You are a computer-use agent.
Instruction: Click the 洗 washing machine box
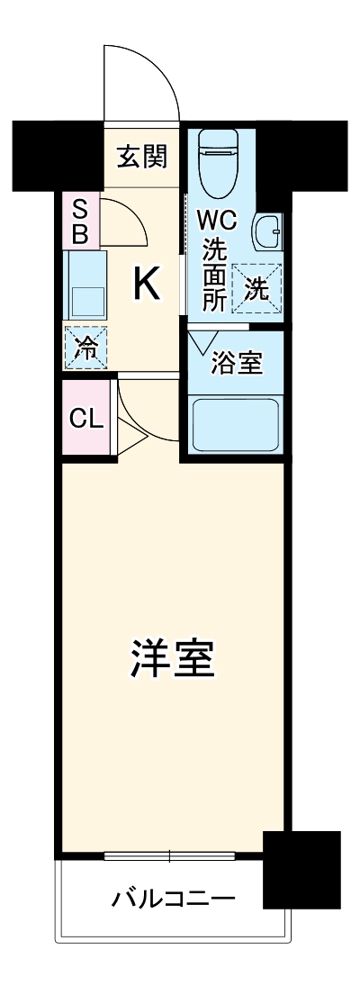(257, 288)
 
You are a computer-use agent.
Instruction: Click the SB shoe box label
(80, 222)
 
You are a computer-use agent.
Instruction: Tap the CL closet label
(86, 420)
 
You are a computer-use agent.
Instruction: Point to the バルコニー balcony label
(173, 899)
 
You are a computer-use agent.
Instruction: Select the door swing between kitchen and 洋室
(144, 414)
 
